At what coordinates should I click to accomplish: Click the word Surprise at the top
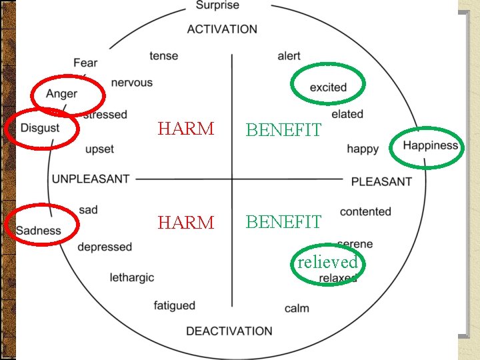(x=217, y=6)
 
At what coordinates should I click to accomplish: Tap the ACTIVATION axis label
(x=222, y=29)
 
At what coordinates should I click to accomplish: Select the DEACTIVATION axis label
(x=229, y=331)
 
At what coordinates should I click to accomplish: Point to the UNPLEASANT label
(x=91, y=179)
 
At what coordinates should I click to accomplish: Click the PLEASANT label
(x=381, y=181)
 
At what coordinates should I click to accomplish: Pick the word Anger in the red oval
(x=61, y=94)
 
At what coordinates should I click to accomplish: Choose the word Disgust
(x=40, y=127)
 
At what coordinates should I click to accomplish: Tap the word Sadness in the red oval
(x=38, y=231)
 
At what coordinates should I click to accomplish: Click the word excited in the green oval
(x=328, y=87)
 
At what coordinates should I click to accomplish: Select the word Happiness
(x=431, y=145)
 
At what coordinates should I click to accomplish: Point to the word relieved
(x=327, y=262)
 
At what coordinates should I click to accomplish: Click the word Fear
(x=85, y=63)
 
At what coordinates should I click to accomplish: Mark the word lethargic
(x=131, y=277)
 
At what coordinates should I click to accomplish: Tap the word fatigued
(x=175, y=306)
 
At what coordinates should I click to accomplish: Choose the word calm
(x=297, y=309)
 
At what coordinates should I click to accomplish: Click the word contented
(x=365, y=211)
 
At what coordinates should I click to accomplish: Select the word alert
(x=289, y=56)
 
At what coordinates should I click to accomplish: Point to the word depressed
(x=105, y=247)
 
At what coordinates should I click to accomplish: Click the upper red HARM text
(x=185, y=129)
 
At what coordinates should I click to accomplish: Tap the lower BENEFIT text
(x=283, y=222)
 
